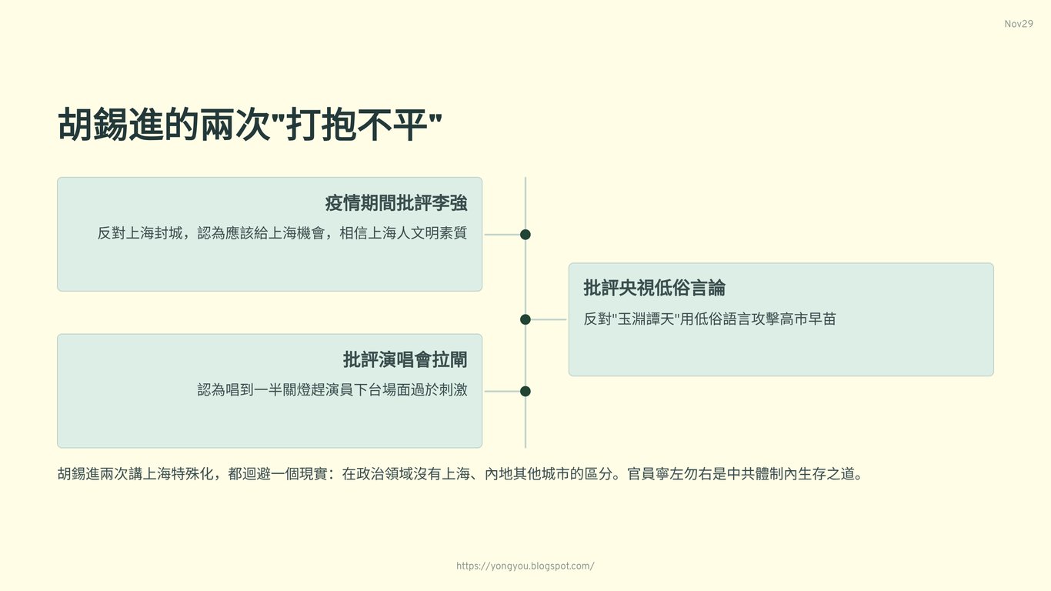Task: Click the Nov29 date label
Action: coord(1018,24)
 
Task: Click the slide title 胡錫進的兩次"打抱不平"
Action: coord(250,125)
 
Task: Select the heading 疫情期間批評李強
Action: coord(395,203)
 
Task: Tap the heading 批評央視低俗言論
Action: coord(654,288)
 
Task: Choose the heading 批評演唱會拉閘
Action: coord(405,359)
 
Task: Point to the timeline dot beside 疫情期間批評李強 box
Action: coord(525,235)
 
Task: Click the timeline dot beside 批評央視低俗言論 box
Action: coord(525,319)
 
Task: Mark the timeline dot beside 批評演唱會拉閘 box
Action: coord(525,391)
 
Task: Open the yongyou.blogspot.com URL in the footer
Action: coord(525,566)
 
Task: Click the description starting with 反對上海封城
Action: coord(282,233)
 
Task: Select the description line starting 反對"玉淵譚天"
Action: coord(709,319)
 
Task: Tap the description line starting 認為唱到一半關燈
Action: coord(332,390)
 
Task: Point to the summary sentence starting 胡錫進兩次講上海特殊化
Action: coord(460,474)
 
